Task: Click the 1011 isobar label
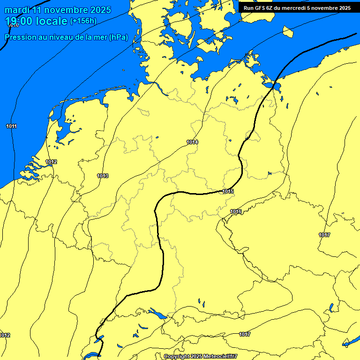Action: click(12, 127)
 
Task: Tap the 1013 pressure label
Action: click(103, 176)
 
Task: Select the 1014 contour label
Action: click(192, 142)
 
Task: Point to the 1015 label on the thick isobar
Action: click(228, 191)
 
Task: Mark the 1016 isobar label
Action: click(236, 212)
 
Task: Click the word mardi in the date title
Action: click(17, 10)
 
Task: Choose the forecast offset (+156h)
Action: click(83, 21)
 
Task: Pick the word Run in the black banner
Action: click(249, 8)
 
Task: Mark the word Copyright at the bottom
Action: click(176, 357)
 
